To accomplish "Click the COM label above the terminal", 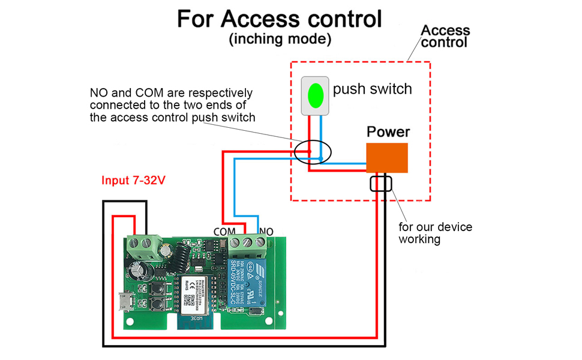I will [x=225, y=231].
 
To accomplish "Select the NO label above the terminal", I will [x=266, y=231].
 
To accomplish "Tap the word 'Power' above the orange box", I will [x=388, y=131].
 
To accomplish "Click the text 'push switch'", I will [x=373, y=89].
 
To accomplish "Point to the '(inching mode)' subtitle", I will [x=280, y=40].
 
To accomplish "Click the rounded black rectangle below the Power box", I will [x=381, y=183].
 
